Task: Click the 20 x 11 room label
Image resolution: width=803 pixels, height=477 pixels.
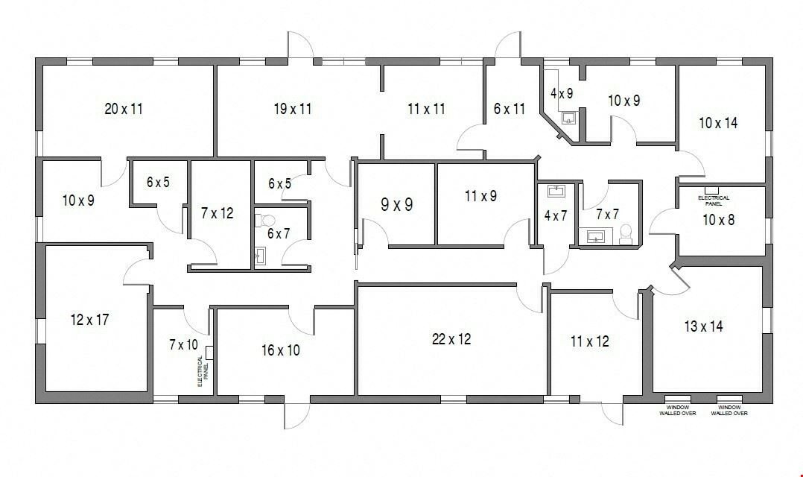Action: pyautogui.click(x=124, y=109)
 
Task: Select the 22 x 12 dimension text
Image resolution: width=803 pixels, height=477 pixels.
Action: pyautogui.click(x=451, y=339)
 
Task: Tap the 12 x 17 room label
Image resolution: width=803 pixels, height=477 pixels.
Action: pyautogui.click(x=89, y=320)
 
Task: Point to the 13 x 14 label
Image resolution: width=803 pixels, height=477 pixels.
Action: pyautogui.click(x=704, y=326)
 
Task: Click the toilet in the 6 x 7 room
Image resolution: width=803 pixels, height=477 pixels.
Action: pyautogui.click(x=265, y=221)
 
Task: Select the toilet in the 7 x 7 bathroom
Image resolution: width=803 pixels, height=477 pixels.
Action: pyautogui.click(x=626, y=234)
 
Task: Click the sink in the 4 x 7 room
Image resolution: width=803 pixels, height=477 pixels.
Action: pyautogui.click(x=556, y=191)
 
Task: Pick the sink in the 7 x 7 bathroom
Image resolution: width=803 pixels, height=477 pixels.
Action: pyautogui.click(x=596, y=236)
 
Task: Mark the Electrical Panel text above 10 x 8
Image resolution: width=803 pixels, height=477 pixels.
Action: pyautogui.click(x=714, y=200)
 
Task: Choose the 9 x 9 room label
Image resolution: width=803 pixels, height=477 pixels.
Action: pyautogui.click(x=396, y=205)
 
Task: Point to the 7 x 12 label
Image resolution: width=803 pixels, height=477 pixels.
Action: pyautogui.click(x=218, y=213)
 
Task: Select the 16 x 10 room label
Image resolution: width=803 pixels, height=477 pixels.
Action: pyautogui.click(x=281, y=350)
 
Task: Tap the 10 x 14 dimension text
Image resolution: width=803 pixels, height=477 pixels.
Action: pyautogui.click(x=718, y=123)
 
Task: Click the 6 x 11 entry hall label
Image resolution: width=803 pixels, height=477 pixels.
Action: pyautogui.click(x=510, y=109)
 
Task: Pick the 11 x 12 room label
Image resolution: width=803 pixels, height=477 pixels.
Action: pyautogui.click(x=590, y=341)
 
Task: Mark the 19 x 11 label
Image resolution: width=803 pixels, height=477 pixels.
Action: pyautogui.click(x=293, y=109)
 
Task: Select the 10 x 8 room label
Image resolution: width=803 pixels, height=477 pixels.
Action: pyautogui.click(x=719, y=220)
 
